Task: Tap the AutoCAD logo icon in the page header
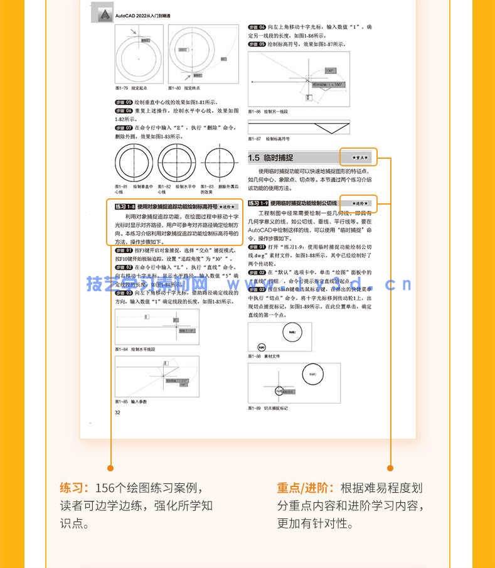[101, 13]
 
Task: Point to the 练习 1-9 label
[258, 203]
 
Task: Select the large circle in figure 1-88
[294, 333]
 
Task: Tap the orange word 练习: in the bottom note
[75, 488]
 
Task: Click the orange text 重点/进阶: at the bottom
[306, 488]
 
